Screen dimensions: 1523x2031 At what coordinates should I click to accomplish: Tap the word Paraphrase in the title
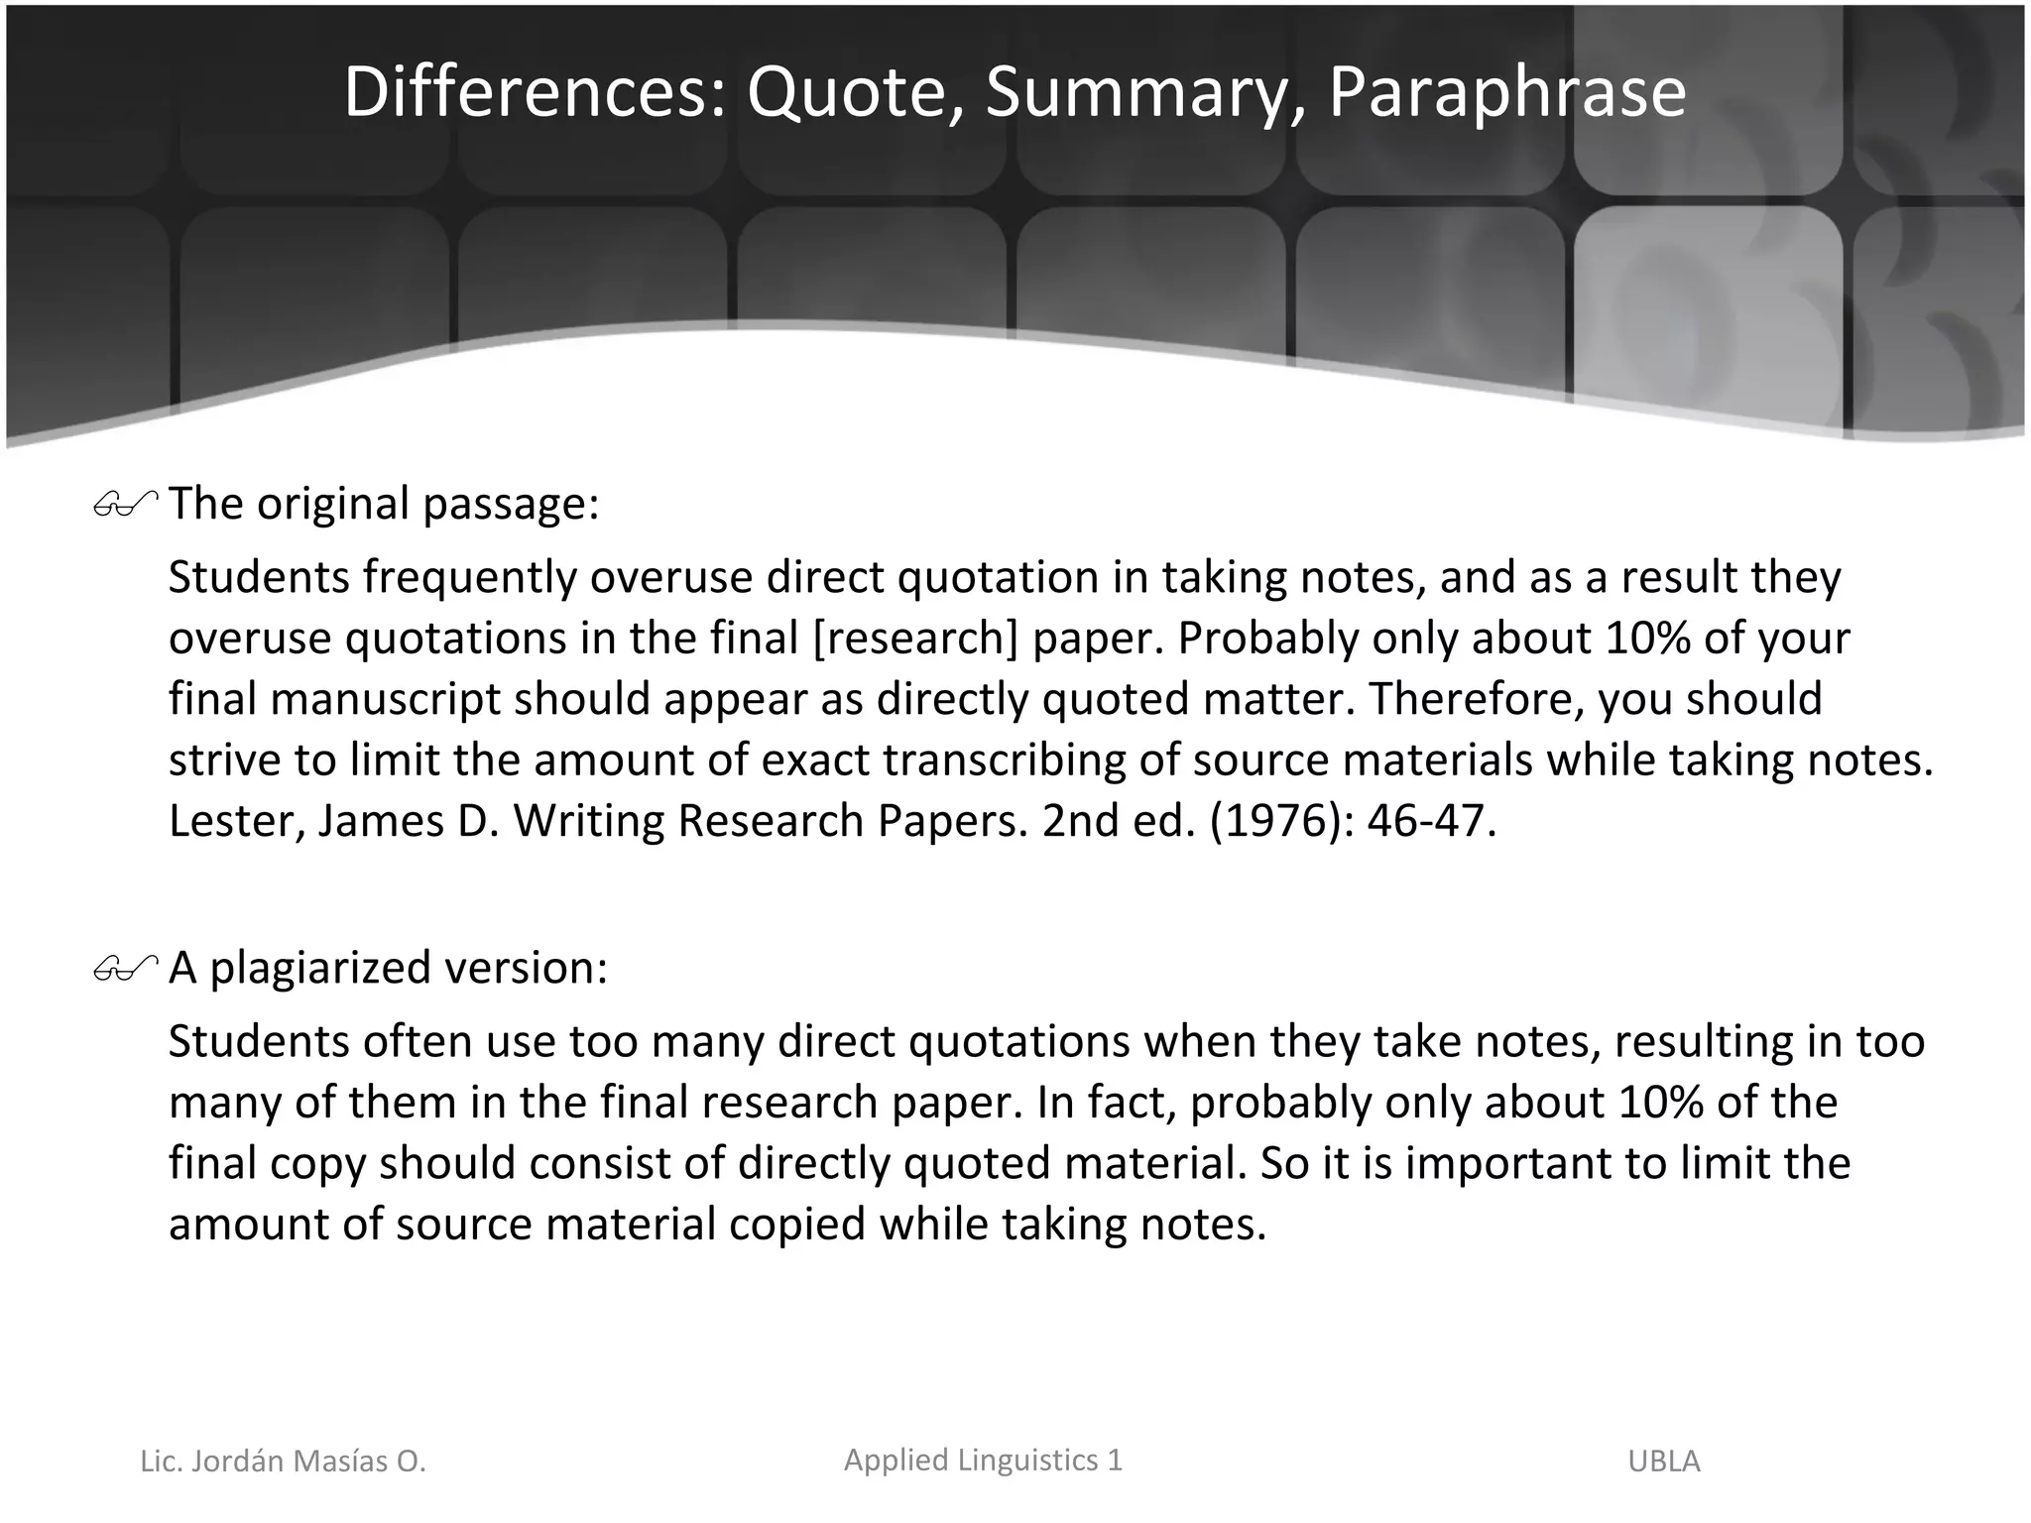click(x=1506, y=92)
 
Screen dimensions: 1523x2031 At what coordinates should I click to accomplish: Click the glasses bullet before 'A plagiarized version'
click(x=126, y=969)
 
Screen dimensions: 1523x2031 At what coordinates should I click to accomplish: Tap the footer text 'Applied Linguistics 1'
click(x=983, y=1460)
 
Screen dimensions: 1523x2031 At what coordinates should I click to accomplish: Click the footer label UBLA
click(x=1663, y=1462)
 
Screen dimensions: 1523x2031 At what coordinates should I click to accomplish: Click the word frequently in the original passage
click(x=469, y=578)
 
